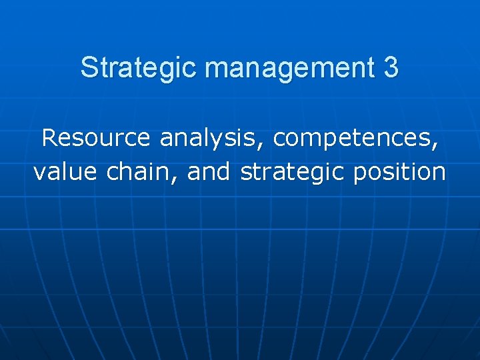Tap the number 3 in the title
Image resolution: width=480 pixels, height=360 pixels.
click(391, 67)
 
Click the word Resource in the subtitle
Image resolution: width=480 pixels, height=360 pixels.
click(95, 138)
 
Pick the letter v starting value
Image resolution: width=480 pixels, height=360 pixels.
click(39, 173)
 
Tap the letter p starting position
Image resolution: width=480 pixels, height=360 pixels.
click(360, 175)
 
